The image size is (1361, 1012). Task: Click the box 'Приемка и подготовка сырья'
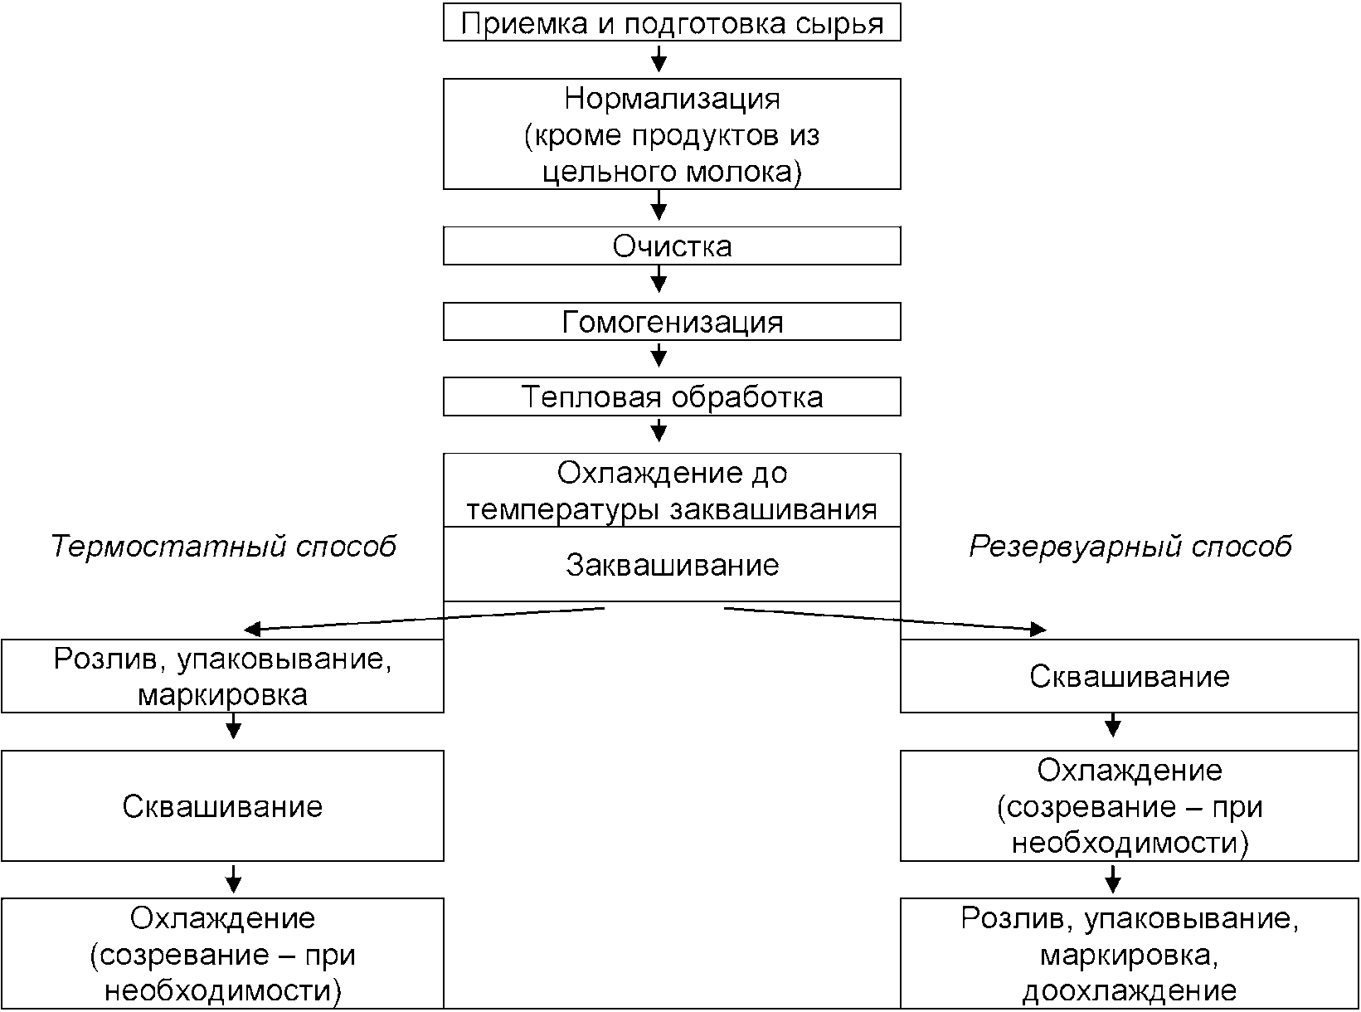(x=672, y=22)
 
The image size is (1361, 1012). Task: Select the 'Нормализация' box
(x=672, y=134)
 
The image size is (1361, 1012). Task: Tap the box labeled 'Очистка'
(x=672, y=246)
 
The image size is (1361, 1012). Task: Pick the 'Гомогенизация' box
(x=672, y=322)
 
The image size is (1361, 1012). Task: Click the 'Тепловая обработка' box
(x=672, y=397)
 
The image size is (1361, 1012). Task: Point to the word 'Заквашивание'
(x=672, y=565)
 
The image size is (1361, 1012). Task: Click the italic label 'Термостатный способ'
(x=223, y=546)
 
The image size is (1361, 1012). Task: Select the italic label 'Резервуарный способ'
(x=1130, y=546)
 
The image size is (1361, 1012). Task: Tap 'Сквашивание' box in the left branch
(x=222, y=805)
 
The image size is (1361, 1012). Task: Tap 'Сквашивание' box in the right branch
(x=1129, y=676)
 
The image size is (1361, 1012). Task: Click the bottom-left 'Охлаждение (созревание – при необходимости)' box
(x=222, y=953)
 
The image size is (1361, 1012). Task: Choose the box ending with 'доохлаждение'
(x=1129, y=953)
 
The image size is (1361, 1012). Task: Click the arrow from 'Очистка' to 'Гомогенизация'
(x=659, y=279)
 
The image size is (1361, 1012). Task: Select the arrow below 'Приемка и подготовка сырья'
(x=659, y=57)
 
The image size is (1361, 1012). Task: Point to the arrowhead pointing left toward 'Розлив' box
(x=253, y=629)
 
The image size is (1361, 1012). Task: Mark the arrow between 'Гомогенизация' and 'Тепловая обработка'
(x=659, y=354)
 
